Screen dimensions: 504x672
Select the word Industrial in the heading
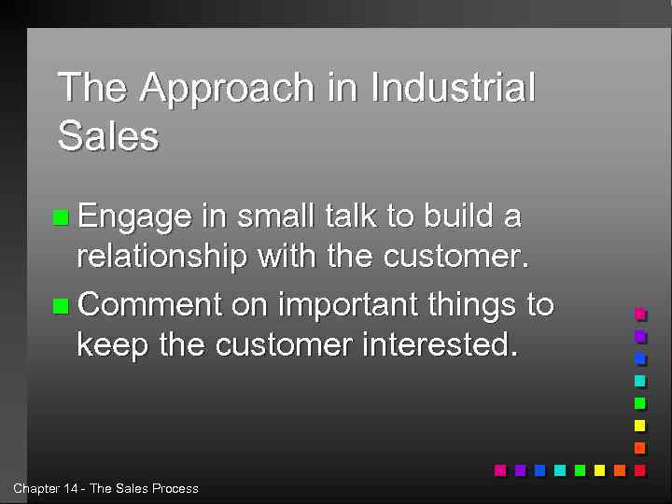click(453, 88)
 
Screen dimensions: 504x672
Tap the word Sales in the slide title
click(108, 136)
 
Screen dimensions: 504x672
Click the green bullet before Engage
click(62, 218)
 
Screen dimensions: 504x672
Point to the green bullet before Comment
click(62, 305)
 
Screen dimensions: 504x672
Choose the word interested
click(439, 345)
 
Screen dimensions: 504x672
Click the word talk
click(351, 217)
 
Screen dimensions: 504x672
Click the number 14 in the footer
click(71, 488)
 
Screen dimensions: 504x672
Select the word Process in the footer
click(175, 488)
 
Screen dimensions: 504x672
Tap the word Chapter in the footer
click(35, 488)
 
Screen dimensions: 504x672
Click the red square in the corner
click(639, 469)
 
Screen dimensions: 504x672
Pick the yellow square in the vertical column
click(639, 425)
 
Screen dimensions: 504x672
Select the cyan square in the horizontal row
click(559, 469)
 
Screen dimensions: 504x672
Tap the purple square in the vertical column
click(639, 335)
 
